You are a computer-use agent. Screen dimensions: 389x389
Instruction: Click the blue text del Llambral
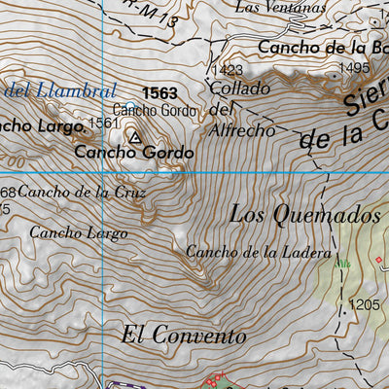pos(60,90)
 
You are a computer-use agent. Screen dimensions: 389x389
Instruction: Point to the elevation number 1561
pos(102,123)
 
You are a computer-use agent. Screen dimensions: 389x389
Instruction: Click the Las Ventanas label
pos(280,7)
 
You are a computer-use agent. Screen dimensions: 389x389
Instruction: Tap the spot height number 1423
pos(227,70)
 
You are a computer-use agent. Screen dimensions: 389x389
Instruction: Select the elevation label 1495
pos(354,68)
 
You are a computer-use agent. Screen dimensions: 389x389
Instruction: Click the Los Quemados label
pos(304,214)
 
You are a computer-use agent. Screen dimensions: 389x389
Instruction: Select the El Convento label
pos(184,336)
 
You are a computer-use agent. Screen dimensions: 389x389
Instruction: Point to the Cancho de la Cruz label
pos(82,192)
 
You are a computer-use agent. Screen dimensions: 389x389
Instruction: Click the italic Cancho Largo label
pos(78,232)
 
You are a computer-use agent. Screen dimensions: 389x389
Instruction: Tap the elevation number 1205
pos(364,304)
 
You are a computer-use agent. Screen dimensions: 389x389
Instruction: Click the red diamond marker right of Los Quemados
pos(378,260)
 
